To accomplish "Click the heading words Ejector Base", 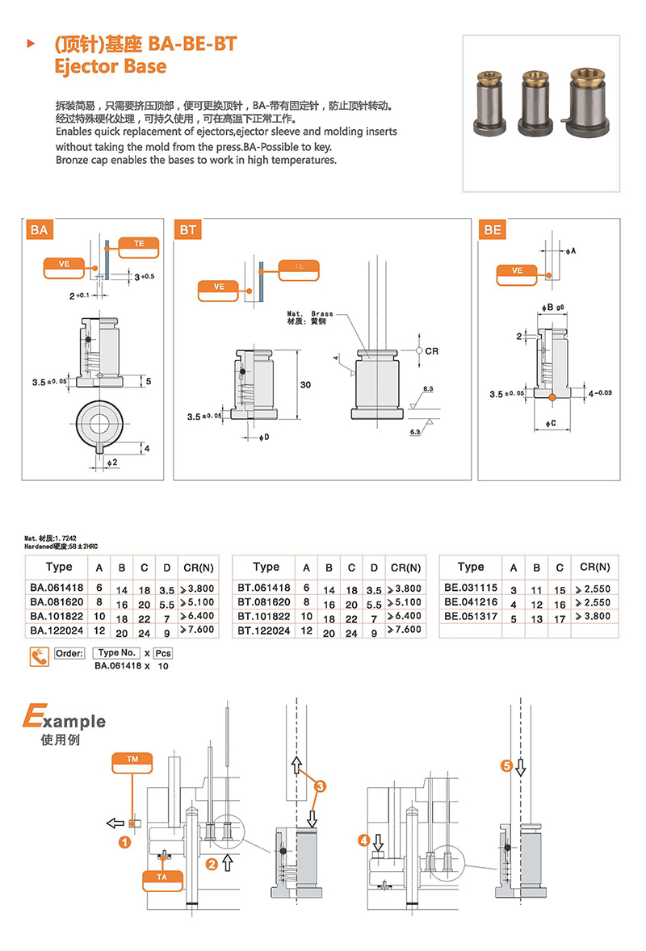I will (110, 66).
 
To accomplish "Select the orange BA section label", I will (40, 231).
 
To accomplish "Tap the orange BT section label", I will (188, 231).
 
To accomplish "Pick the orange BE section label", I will (493, 230).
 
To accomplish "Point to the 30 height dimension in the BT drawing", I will (305, 385).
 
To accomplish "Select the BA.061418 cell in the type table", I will (58, 589).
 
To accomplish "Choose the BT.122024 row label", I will (265, 629).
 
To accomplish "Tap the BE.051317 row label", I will (471, 616).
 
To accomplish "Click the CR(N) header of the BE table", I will (594, 568).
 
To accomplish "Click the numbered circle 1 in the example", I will (125, 843).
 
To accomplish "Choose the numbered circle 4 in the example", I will (365, 841).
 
